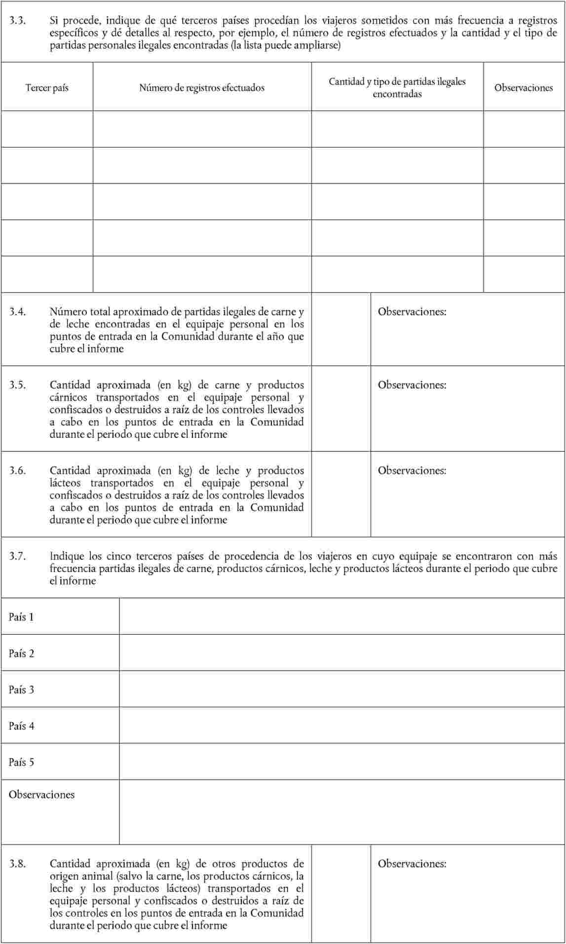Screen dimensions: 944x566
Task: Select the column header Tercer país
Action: (x=47, y=88)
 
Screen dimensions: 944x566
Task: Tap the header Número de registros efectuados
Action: (x=202, y=88)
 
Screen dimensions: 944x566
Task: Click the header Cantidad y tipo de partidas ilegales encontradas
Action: (x=397, y=88)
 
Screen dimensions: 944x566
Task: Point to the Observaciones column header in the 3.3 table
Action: (x=523, y=88)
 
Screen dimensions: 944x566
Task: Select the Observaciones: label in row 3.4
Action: (x=412, y=312)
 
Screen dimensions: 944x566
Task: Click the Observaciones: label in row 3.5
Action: (x=412, y=385)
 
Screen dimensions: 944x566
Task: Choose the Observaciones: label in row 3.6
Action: (x=412, y=471)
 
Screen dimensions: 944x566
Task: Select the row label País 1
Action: (x=21, y=617)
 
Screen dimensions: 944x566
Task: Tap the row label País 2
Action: (x=21, y=654)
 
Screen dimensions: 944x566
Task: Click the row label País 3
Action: (x=21, y=690)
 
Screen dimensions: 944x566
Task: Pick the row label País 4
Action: (x=21, y=726)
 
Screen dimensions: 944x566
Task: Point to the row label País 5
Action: (x=21, y=762)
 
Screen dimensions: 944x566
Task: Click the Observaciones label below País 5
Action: (x=41, y=795)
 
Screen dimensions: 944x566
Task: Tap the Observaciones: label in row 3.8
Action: (x=412, y=864)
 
